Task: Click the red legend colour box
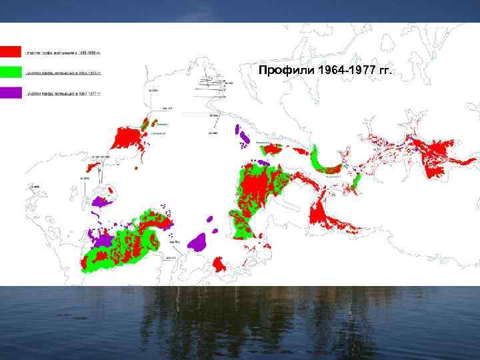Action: (x=11, y=51)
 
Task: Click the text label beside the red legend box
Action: (x=63, y=51)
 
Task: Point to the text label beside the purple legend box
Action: (x=63, y=94)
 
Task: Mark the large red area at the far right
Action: (x=437, y=156)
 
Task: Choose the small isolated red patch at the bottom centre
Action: (x=218, y=265)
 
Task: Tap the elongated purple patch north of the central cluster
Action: (x=243, y=137)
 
